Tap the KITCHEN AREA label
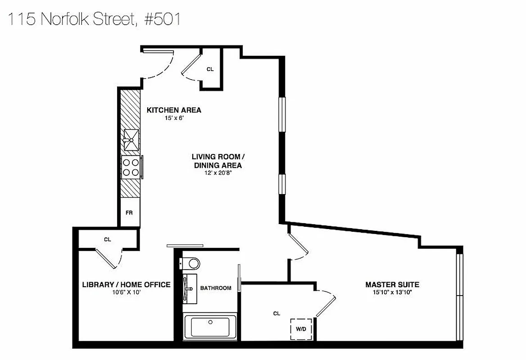pos(174,110)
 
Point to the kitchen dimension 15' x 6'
pos(174,118)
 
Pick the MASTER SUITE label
pos(392,284)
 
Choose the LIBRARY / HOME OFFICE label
pos(126,284)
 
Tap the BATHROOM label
pos(216,288)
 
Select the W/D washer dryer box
pos(300,329)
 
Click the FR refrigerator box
pos(129,212)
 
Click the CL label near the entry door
pos(210,69)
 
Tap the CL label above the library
pos(107,239)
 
